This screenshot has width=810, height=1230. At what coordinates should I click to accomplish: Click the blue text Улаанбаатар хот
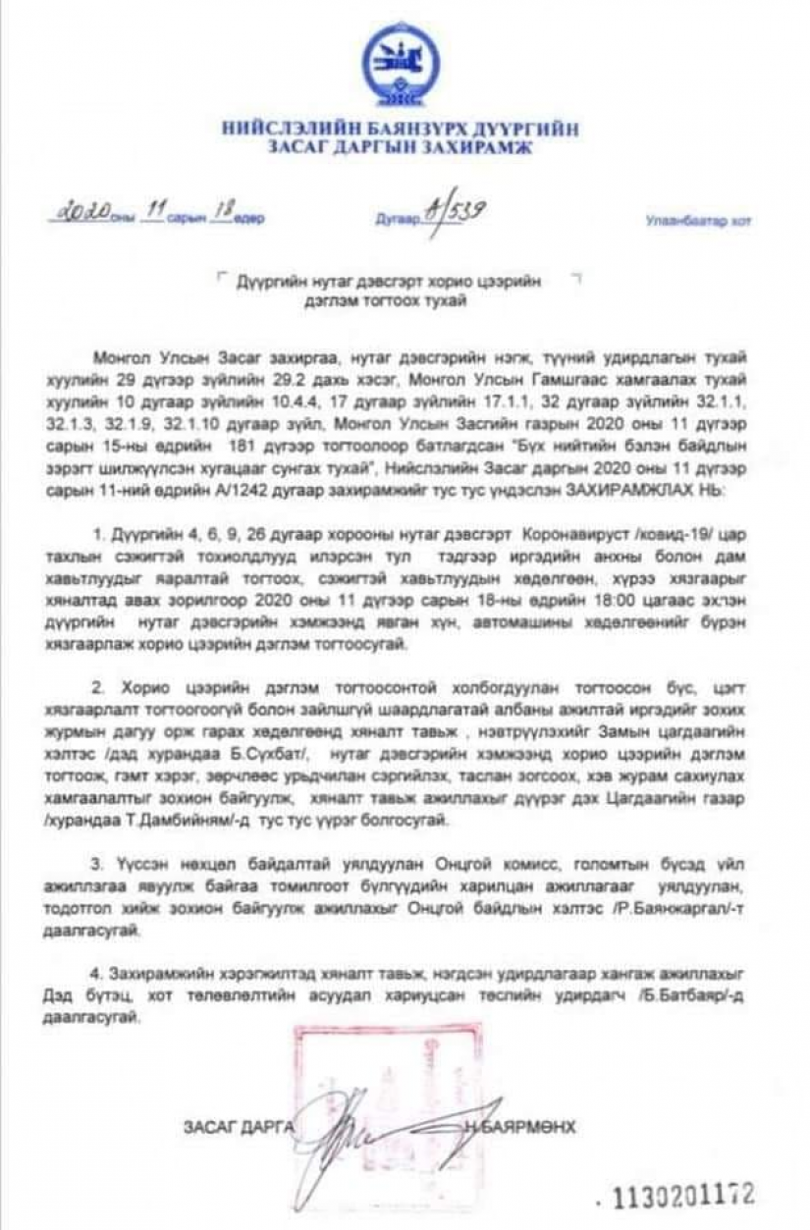click(698, 221)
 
